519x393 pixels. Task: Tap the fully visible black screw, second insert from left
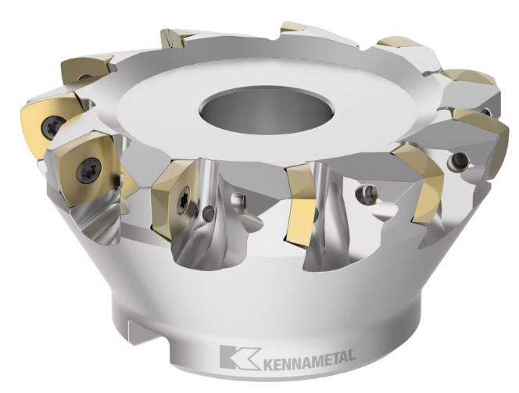tap(88, 170)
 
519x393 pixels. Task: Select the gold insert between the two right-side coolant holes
tap(419, 184)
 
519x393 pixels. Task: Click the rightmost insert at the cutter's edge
tap(481, 135)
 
